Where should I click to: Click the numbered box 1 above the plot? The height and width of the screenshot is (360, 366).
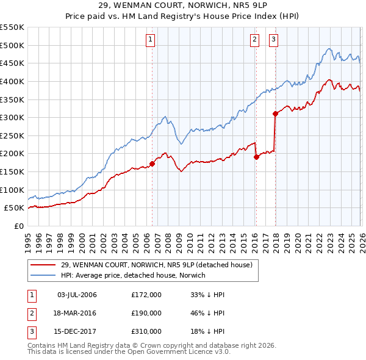[149, 40]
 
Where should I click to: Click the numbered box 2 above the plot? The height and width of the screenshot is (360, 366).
[254, 40]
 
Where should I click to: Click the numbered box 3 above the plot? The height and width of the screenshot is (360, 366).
[273, 40]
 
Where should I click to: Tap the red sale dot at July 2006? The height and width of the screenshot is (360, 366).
[152, 164]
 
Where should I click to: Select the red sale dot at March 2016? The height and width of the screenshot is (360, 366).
[256, 157]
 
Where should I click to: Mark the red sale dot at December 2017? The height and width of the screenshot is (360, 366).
[276, 113]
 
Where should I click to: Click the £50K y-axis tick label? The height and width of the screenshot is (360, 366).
[15, 207]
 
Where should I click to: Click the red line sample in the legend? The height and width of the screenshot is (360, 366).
[44, 265]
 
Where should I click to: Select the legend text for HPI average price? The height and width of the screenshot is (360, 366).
[134, 275]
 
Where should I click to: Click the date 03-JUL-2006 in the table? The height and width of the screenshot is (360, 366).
[77, 295]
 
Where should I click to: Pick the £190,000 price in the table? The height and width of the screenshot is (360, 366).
[146, 313]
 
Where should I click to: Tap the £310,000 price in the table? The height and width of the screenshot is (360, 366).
[146, 332]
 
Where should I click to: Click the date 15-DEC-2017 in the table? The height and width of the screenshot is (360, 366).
[77, 332]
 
